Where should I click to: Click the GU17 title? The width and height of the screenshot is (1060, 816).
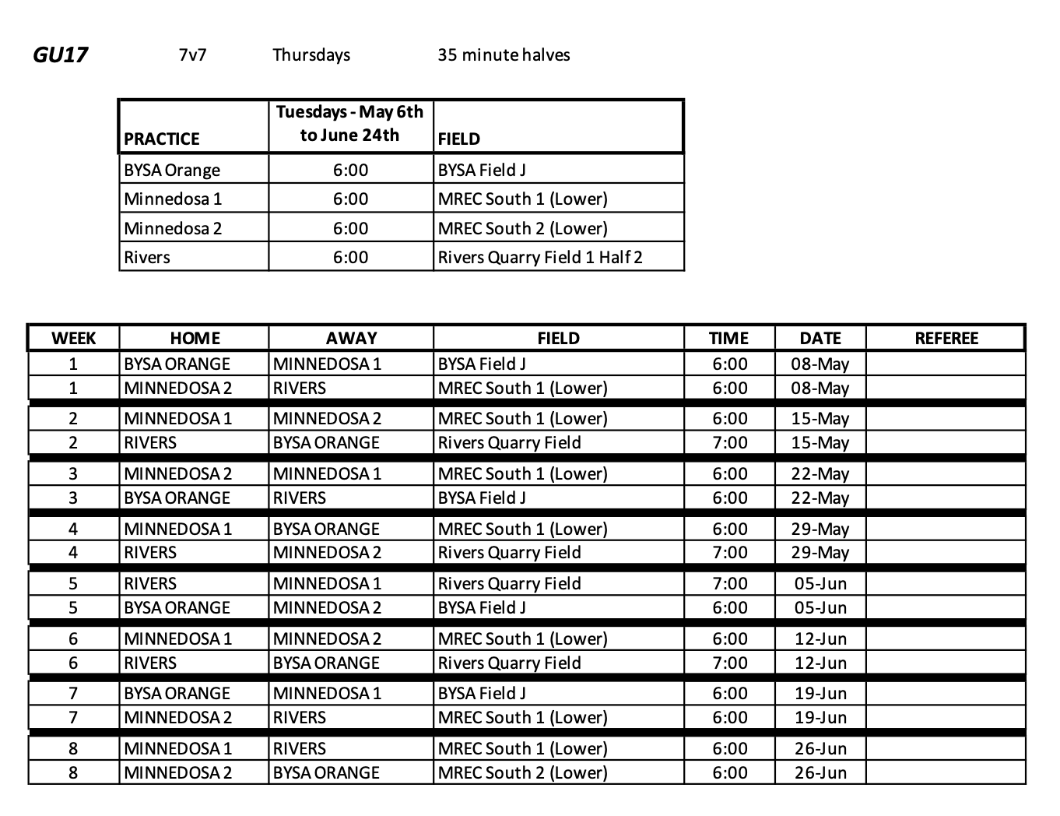(x=60, y=55)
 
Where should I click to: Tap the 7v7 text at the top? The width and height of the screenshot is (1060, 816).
(x=192, y=55)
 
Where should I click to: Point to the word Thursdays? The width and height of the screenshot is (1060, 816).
(x=311, y=55)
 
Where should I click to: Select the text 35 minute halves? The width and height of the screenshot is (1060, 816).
(x=504, y=55)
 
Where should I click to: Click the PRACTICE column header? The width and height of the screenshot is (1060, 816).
(x=162, y=139)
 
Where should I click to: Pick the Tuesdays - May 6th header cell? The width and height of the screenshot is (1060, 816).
(x=350, y=124)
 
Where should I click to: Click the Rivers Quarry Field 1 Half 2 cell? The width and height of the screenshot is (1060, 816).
(x=540, y=257)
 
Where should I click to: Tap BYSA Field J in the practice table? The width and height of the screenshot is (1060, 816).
(x=482, y=170)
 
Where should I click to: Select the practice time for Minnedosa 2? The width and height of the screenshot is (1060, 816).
(x=350, y=228)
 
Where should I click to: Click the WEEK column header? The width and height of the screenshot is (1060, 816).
(x=73, y=338)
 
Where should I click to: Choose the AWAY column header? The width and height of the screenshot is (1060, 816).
(x=351, y=338)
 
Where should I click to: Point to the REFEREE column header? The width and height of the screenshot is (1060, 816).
(x=946, y=338)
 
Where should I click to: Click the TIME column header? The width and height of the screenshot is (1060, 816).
(x=729, y=338)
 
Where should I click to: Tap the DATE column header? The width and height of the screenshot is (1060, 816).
(x=820, y=338)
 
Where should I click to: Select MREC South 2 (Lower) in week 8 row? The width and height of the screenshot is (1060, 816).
(x=522, y=772)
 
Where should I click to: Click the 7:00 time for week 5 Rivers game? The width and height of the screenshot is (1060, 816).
(x=730, y=583)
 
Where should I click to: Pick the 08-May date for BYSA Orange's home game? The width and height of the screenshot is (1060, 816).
(x=820, y=364)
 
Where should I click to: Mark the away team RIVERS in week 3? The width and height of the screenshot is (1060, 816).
(x=300, y=498)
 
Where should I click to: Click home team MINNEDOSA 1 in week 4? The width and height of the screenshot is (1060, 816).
(x=177, y=529)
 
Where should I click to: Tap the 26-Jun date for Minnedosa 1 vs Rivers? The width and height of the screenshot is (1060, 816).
(x=820, y=748)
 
